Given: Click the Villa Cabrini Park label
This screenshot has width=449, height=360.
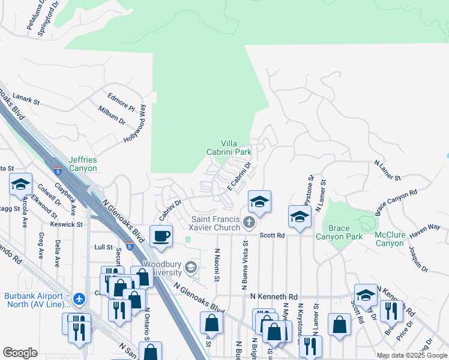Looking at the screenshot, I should tap(236, 148).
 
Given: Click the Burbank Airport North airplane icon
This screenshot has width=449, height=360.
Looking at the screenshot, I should tap(80, 298).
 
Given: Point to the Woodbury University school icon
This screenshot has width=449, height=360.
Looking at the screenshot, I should tap(191, 267).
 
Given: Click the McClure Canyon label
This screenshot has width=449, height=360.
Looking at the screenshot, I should tap(390, 239).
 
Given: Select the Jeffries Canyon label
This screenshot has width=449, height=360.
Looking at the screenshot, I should tap(83, 164).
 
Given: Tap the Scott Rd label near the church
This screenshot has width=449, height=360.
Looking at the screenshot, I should tap(272, 235).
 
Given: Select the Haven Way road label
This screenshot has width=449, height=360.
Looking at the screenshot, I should tap(426, 227).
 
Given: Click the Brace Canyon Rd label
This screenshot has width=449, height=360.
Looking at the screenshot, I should tap(396, 203).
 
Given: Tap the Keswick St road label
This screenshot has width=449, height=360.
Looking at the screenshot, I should tap(67, 224).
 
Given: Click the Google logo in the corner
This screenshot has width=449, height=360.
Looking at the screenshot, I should tap(20, 353).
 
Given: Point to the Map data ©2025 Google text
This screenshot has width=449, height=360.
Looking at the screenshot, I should tap(412, 355).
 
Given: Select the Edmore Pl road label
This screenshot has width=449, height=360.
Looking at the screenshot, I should tap(121, 100).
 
